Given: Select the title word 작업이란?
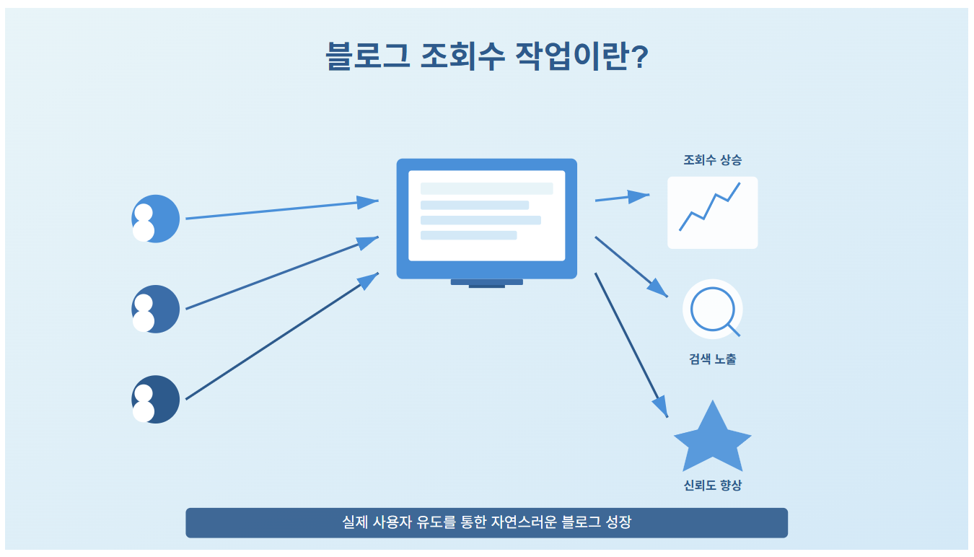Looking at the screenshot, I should pos(583,57).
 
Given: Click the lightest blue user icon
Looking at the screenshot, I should pos(155,219).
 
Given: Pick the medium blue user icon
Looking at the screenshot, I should pos(155,309).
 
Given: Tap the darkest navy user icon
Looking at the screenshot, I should pos(155,399).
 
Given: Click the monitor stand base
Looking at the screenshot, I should pos(487,283).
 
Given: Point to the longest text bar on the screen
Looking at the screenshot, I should pos(487,188).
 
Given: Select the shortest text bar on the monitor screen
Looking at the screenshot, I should pos(468,235).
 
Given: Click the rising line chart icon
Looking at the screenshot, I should pos(712,213).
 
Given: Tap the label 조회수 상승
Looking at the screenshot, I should pos(712,160).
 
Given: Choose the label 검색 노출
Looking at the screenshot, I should pos(712,359).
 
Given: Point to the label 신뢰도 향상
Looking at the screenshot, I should pos(712,486).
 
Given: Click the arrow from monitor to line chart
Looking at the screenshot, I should pos(621,197).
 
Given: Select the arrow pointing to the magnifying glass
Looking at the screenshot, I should pos(631,266).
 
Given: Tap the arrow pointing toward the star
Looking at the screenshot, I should pos(631,344).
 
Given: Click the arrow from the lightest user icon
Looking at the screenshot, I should pos(281,209).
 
